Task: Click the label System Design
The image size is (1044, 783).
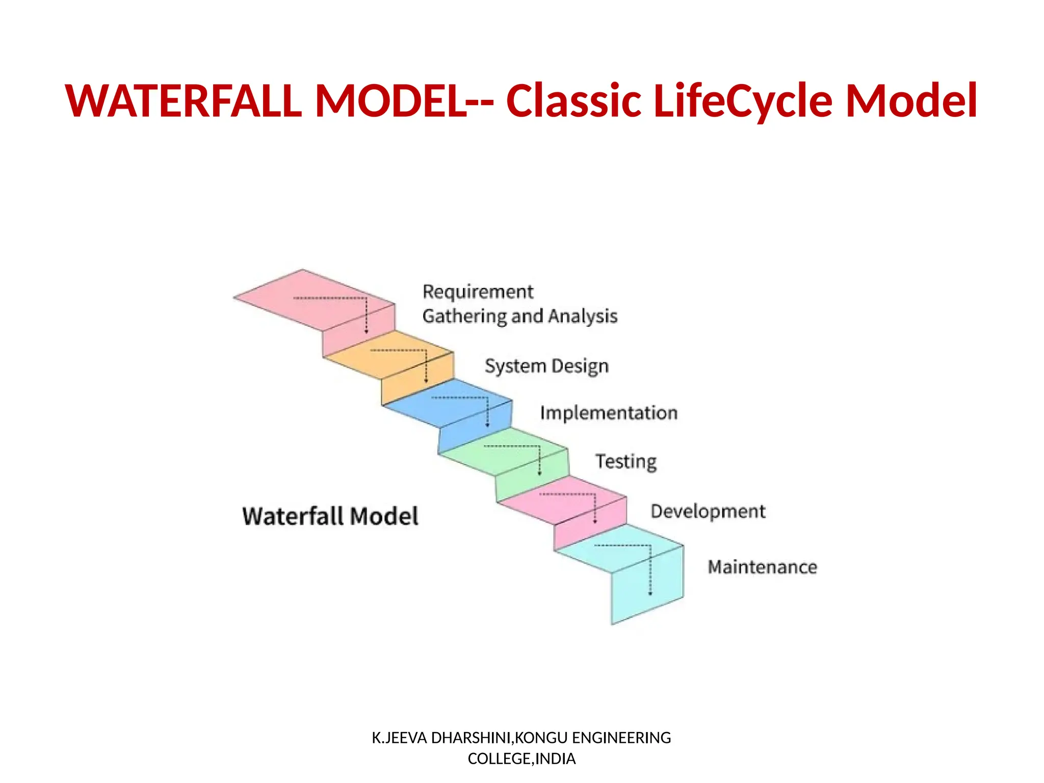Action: coord(546,366)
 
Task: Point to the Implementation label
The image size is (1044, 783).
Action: coord(609,413)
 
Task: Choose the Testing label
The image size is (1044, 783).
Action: coord(626,461)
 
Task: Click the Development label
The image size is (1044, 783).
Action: coord(708,511)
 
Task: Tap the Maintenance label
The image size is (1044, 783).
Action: coord(762,567)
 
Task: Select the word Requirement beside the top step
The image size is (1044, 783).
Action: coord(478,292)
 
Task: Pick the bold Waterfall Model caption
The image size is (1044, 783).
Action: coord(330,516)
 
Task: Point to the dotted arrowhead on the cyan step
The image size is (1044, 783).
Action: coord(650,593)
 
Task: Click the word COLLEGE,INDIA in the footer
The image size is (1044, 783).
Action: coord(521,759)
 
